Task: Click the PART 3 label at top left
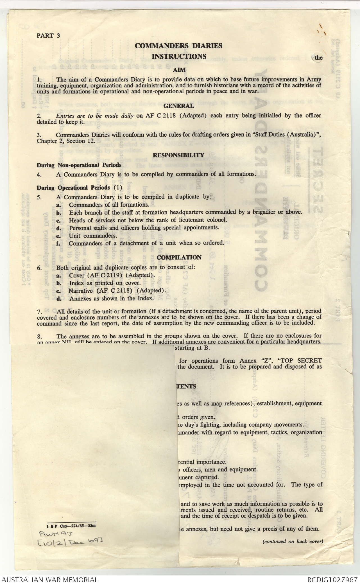pos(48,36)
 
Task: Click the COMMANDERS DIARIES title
pos(178,46)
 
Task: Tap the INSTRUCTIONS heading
pos(179,56)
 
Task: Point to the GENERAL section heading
pos(179,106)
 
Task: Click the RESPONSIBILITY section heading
pos(178,155)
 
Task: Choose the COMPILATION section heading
pos(179,258)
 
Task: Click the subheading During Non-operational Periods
pos(79,165)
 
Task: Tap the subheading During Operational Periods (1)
pos(80,188)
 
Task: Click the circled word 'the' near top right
pos(318,58)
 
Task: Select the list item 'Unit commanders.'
pos(93,236)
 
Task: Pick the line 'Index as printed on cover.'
pos(105,283)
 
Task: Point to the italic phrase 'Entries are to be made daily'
pos(95,116)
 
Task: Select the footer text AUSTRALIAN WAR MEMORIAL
pos(50,579)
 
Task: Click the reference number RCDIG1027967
pos(332,579)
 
